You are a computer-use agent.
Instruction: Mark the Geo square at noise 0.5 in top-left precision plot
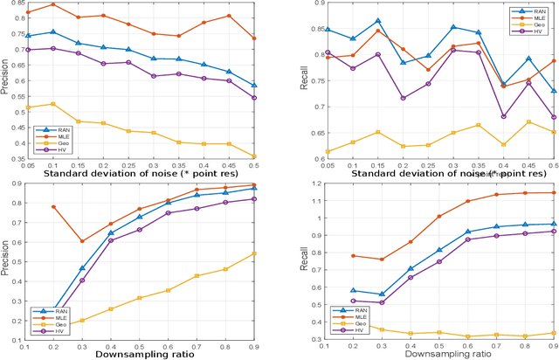(254, 156)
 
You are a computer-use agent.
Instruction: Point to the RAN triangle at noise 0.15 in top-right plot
(378, 21)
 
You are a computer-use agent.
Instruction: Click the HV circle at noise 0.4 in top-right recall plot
(504, 116)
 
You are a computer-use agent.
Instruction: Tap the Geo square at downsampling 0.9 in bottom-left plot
(254, 253)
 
